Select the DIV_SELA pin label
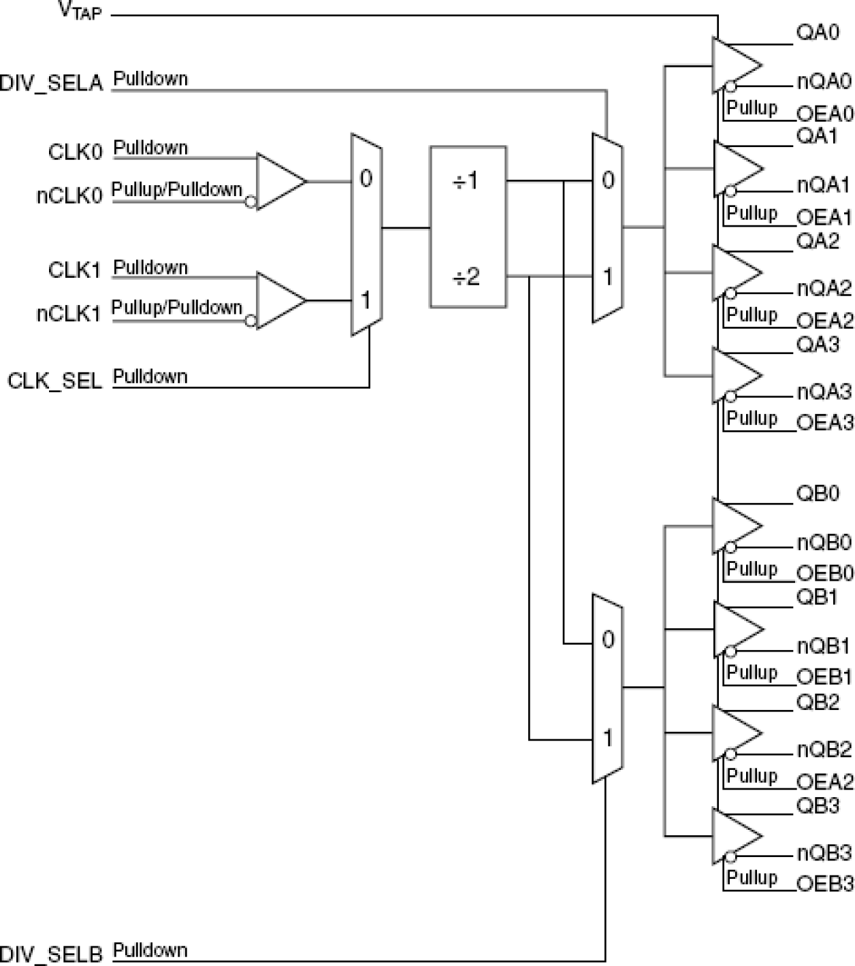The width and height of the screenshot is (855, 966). pyautogui.click(x=51, y=83)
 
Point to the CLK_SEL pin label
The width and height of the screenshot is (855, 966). pyautogui.click(x=54, y=381)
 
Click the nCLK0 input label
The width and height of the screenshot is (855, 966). pyautogui.click(x=69, y=196)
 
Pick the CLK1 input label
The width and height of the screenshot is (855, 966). pyautogui.click(x=74, y=270)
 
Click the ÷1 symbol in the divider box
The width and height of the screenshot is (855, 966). pyautogui.click(x=466, y=181)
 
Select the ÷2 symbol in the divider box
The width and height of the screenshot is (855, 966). pyautogui.click(x=466, y=277)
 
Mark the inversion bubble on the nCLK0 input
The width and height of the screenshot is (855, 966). pyautogui.click(x=251, y=202)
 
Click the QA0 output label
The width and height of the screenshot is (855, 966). pyautogui.click(x=818, y=33)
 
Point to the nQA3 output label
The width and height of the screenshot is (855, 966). pyautogui.click(x=824, y=392)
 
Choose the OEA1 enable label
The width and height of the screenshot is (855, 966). pyautogui.click(x=824, y=218)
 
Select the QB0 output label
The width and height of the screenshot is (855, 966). pyautogui.click(x=818, y=494)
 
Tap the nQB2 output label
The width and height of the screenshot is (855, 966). pyautogui.click(x=824, y=750)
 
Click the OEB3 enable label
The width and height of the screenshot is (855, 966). pyautogui.click(x=824, y=884)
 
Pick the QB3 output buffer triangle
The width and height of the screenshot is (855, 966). pyautogui.click(x=735, y=836)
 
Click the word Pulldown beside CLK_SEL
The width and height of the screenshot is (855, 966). pyautogui.click(x=150, y=376)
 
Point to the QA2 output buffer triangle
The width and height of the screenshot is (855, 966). pyautogui.click(x=735, y=273)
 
